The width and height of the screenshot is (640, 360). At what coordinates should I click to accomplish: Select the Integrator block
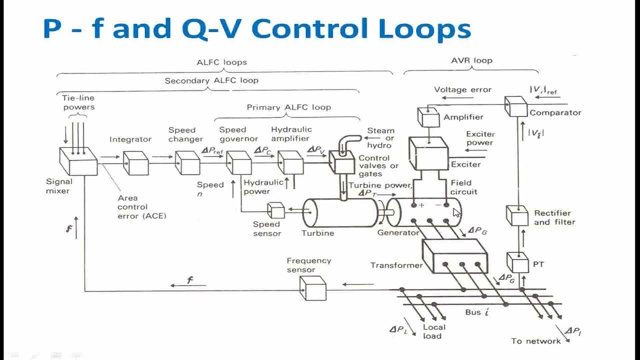[x=135, y=163]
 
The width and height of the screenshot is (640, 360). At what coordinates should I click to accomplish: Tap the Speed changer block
[x=187, y=163]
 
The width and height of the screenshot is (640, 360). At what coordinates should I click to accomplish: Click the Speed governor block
[x=238, y=163]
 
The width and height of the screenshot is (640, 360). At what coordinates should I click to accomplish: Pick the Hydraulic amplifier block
[x=290, y=163]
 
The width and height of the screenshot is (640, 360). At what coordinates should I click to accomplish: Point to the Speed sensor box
[x=275, y=210]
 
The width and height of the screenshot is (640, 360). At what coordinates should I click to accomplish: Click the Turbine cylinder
[x=340, y=212]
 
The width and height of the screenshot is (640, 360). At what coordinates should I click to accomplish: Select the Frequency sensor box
[x=312, y=288]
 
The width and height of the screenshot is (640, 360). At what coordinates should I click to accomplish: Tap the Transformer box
[x=454, y=256]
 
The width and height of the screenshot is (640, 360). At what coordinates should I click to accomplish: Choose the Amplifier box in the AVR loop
[x=428, y=117]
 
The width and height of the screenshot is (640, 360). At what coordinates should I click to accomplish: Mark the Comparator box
[x=515, y=107]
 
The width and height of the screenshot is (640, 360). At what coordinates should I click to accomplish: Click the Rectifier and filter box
[x=517, y=216]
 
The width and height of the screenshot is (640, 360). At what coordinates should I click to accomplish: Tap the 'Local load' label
[x=433, y=331]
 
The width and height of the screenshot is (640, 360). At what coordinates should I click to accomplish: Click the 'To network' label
[x=535, y=341]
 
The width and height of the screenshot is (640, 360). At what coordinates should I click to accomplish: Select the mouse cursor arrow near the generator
[x=456, y=213]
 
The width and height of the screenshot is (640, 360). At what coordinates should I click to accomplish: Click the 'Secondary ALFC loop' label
[x=211, y=80]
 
